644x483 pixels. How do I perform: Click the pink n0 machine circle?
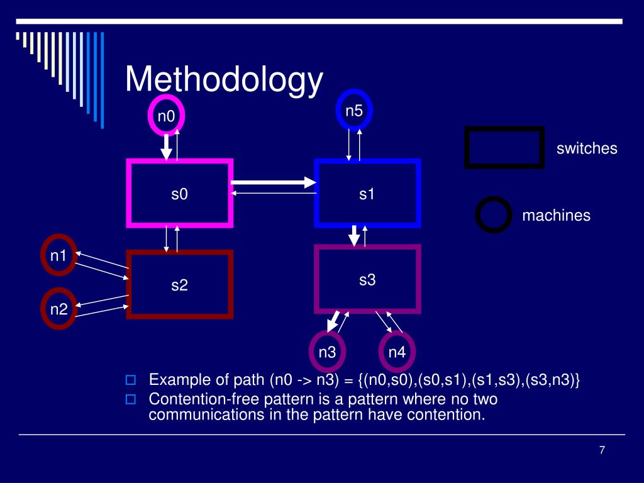coord(166,116)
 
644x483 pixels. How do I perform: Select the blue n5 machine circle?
coord(355,110)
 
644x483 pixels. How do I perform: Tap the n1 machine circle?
coord(59,255)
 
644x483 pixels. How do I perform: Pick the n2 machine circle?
coord(59,309)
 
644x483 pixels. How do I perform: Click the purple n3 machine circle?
coord(327,352)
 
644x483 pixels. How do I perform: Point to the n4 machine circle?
coord(397,352)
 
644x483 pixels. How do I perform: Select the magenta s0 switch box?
coord(180,193)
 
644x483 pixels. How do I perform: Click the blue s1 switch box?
coord(367,193)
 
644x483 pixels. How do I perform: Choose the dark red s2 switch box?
coord(180,284)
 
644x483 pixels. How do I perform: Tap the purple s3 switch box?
coord(367,279)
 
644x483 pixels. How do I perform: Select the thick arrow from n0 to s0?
coord(166,147)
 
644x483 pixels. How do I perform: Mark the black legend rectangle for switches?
coord(504,148)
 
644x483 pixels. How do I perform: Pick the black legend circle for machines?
coord(493,215)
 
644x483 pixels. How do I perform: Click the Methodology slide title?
coord(224,80)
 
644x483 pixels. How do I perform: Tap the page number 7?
coord(602,450)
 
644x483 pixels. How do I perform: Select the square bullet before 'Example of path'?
coord(131,380)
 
